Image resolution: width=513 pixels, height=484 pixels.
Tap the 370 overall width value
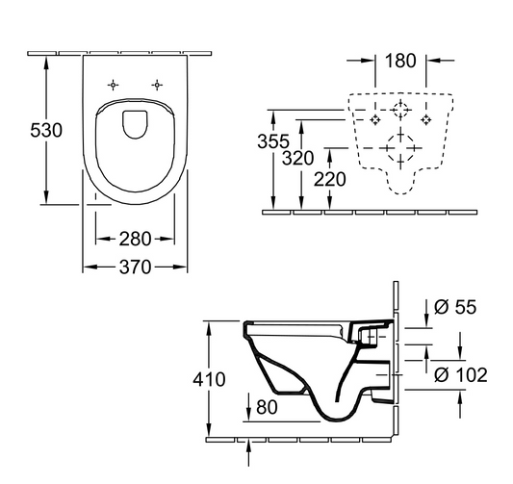pyautogui.click(x=134, y=268)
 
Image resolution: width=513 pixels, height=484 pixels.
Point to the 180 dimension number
pyautogui.click(x=401, y=62)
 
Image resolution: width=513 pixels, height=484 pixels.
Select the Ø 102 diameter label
pyautogui.click(x=460, y=374)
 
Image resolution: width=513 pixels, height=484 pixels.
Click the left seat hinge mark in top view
pyautogui.click(x=113, y=84)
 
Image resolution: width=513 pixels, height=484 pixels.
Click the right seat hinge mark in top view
pyautogui.click(x=155, y=84)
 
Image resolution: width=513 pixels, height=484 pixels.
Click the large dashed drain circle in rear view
pyautogui.click(x=400, y=149)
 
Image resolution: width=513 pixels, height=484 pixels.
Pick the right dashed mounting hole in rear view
pyautogui.click(x=426, y=119)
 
